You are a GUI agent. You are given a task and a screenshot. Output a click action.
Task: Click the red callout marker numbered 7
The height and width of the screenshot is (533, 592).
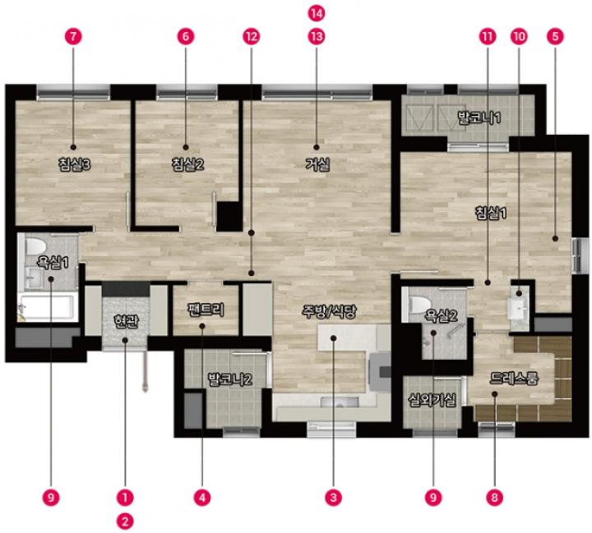[x=73, y=37]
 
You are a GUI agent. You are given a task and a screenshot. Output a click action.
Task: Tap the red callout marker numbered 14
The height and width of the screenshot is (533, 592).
[x=317, y=13]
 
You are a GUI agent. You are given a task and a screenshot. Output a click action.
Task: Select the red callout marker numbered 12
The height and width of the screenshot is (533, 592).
[x=252, y=37]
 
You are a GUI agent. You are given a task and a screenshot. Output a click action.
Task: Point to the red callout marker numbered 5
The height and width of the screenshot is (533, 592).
[x=555, y=37]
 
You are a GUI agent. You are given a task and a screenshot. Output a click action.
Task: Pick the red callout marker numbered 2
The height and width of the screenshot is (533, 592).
[x=125, y=522]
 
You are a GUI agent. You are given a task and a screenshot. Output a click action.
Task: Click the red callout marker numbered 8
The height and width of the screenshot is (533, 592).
[x=495, y=498]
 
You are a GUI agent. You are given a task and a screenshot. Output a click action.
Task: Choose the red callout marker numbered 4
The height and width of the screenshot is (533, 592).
[x=202, y=498]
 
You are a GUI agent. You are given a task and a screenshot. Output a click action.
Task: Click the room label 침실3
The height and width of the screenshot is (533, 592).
[x=74, y=165]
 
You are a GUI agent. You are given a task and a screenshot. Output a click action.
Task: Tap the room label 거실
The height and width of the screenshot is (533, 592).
[x=317, y=164]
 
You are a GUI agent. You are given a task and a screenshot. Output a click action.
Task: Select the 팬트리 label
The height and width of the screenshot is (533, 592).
[x=206, y=310]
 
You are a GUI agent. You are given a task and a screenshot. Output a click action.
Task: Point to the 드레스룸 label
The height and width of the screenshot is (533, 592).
[x=514, y=378]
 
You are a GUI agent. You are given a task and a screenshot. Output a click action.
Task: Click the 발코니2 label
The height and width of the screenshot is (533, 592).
[x=230, y=379]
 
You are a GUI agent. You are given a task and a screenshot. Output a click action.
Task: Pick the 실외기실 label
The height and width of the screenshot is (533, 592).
[x=432, y=400]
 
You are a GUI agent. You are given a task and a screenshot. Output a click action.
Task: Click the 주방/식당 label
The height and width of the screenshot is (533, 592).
[x=329, y=311]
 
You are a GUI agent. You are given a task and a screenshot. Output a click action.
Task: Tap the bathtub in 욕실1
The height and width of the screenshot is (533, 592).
[x=48, y=308]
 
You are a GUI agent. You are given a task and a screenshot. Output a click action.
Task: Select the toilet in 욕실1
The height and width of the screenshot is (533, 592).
[x=35, y=246]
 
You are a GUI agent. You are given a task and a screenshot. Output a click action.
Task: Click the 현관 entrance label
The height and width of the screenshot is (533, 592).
[x=127, y=321]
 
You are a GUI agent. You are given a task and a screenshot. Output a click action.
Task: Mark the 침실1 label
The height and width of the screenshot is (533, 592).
[x=490, y=214]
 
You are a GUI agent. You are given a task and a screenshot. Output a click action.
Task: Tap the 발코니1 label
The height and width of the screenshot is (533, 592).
[x=479, y=117]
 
